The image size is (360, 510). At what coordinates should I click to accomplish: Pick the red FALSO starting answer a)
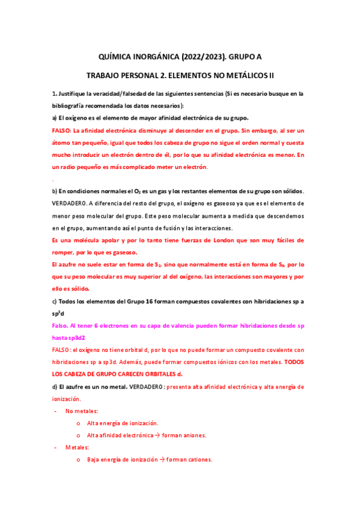click(62, 130)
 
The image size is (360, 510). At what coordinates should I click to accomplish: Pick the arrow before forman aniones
click(156, 435)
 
